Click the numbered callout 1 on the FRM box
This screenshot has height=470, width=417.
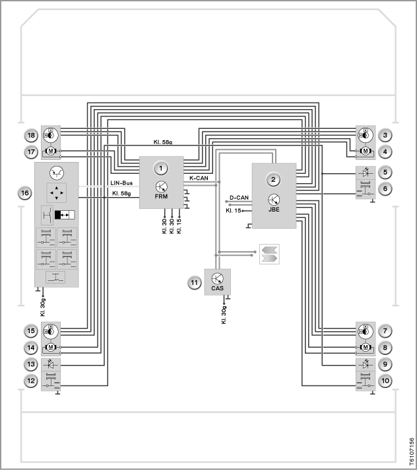161,168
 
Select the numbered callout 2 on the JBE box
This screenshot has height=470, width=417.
273,180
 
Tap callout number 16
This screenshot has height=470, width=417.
25,193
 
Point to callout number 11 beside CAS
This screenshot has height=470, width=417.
195,283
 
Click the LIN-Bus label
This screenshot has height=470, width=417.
121,183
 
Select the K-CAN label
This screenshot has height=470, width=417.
199,178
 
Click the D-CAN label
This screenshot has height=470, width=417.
239,198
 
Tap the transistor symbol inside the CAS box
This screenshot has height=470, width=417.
217,279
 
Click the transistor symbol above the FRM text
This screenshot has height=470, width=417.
162,186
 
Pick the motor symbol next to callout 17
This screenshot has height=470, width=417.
51,151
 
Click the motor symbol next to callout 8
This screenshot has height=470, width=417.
366,347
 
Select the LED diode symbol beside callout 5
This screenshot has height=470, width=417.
366,173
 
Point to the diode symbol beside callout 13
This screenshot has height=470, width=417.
51,364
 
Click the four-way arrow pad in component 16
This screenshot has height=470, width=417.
57,193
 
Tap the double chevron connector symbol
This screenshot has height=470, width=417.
269,255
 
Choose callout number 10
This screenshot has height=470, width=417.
385,381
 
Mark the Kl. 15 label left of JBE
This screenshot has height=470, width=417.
234,211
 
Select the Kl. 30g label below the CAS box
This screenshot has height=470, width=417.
224,315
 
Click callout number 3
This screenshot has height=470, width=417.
385,136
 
